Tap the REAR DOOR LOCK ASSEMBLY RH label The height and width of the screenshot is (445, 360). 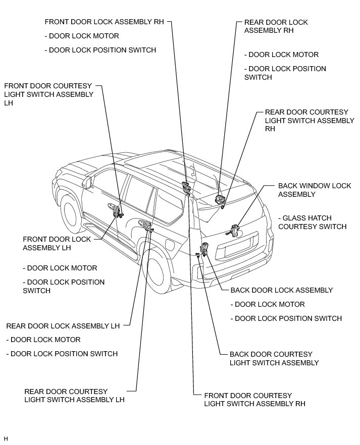pyautogui.click(x=276, y=26)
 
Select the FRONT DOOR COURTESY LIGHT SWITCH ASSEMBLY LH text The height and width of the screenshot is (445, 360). pyautogui.click(x=48, y=94)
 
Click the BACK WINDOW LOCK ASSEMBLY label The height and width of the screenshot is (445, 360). pyautogui.click(x=315, y=190)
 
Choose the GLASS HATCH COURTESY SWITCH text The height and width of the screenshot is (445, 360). pyautogui.click(x=312, y=222)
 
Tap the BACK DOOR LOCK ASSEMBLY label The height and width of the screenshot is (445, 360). pyautogui.click(x=281, y=290)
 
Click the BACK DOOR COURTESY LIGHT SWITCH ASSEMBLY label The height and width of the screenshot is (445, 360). pyautogui.click(x=274, y=358)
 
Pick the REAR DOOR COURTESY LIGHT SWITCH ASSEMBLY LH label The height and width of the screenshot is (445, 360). pyautogui.click(x=74, y=396)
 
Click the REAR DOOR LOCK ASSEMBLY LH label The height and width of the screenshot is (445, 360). pyautogui.click(x=63, y=326)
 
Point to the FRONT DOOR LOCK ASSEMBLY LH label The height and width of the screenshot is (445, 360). pyautogui.click(x=57, y=243)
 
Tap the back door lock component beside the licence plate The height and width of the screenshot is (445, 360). pyautogui.click(x=205, y=249)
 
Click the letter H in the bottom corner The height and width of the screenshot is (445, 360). pyautogui.click(x=6, y=438)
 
